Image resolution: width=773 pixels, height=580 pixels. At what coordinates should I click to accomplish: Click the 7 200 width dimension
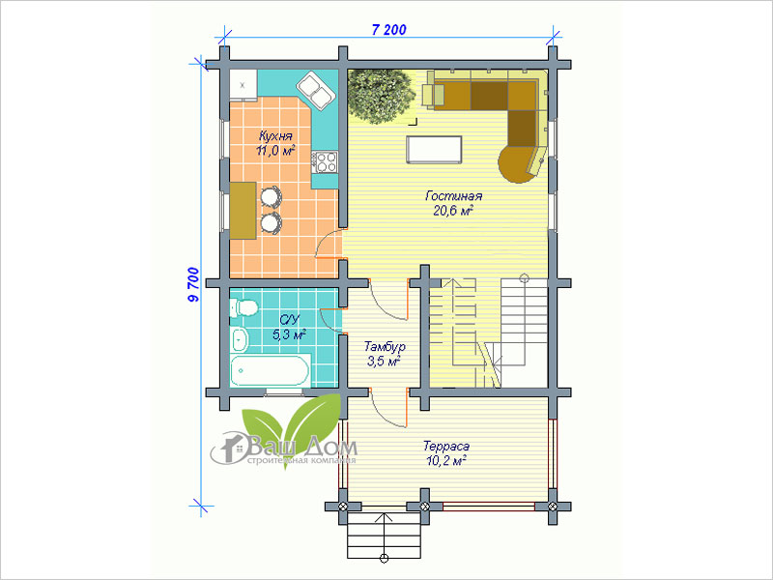[x=389, y=30]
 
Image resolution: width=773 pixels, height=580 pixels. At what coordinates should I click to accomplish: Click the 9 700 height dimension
[x=193, y=284]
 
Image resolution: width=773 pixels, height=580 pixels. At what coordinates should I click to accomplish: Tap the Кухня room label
[x=275, y=136]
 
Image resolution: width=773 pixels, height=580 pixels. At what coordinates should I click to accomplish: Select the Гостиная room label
[x=453, y=196]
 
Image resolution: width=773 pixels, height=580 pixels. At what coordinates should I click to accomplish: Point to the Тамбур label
[x=385, y=346]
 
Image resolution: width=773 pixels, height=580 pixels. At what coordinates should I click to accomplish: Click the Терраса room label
[x=446, y=447]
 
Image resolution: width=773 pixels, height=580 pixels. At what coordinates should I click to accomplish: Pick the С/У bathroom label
[x=289, y=320]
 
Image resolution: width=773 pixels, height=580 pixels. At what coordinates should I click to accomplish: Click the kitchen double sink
[x=317, y=91]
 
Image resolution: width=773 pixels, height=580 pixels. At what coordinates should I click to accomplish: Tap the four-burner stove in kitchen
[x=325, y=162]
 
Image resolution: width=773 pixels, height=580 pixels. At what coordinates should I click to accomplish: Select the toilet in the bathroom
[x=244, y=307]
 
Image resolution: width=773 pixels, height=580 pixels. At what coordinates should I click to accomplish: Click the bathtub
[x=271, y=370]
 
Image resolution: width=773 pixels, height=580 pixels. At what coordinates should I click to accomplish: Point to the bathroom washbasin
[x=240, y=339]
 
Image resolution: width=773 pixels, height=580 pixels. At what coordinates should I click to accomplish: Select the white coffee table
[x=434, y=150]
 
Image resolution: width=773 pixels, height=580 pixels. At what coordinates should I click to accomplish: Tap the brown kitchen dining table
[x=243, y=211]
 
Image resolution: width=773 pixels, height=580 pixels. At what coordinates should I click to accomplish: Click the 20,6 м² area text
[x=453, y=211]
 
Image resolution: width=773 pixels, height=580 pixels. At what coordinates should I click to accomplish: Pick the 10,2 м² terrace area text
[x=446, y=461]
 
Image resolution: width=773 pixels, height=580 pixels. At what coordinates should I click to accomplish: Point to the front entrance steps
[x=384, y=535]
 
